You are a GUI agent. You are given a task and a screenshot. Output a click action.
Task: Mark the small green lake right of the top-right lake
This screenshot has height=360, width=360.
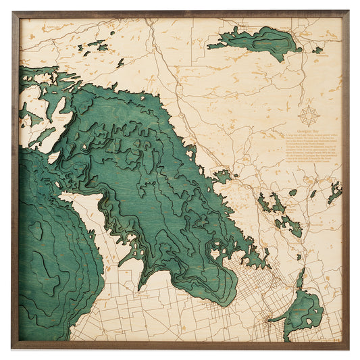[x=317, y=49]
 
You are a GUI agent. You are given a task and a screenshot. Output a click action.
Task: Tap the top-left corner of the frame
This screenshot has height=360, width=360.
[x=13, y=12]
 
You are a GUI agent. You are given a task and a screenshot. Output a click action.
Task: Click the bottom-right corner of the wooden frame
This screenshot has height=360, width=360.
[x=347, y=348]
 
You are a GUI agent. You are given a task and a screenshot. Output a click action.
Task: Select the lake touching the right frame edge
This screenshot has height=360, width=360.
[x=335, y=193]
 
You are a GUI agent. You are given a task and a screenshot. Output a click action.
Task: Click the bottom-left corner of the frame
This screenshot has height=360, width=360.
[x=13, y=348]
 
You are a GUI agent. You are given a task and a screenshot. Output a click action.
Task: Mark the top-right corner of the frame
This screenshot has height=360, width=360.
[x=347, y=12]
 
